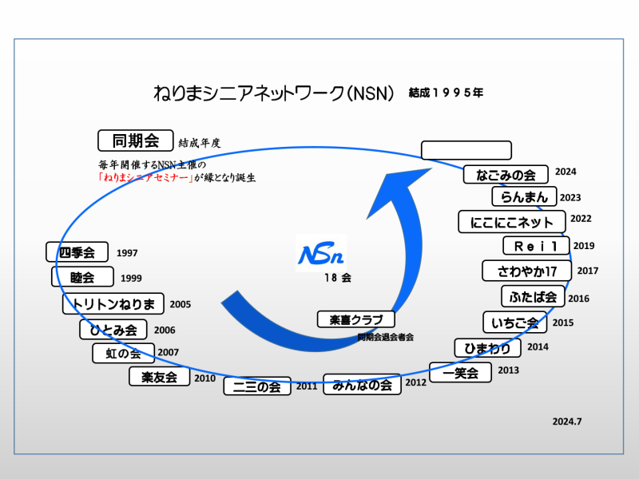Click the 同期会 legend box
coord(135,141)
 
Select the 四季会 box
coord(77,252)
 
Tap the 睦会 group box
coord(82,277)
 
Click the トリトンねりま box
coord(113,303)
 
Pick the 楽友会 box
coord(159,376)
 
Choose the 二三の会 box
coord(257,386)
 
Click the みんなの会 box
coord(363,384)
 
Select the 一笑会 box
coord(461,372)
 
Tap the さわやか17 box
coord(526,271)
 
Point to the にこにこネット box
coord(512,222)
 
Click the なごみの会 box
coord(506,174)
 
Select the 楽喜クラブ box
coord(356,319)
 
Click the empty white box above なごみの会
coord(466,150)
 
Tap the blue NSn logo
coord(321,253)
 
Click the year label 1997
coord(127,253)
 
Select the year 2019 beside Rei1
coord(584,246)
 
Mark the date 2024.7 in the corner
coord(567,422)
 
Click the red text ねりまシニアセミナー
coord(145,177)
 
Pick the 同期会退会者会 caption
coord(386,337)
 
